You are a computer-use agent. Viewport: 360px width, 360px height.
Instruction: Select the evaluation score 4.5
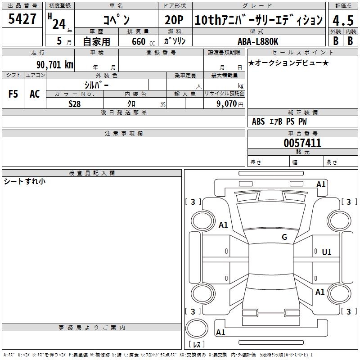pos(342,20)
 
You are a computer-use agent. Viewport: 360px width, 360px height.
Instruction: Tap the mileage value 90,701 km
pos(55,64)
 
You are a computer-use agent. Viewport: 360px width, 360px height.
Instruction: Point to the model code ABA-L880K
pos(257,41)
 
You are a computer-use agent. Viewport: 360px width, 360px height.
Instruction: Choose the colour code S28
pos(75,103)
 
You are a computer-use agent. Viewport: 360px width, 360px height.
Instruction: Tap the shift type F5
pos(13,94)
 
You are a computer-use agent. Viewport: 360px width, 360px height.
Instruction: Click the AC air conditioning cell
pos(35,94)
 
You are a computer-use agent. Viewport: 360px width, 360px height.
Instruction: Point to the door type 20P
pos(174,20)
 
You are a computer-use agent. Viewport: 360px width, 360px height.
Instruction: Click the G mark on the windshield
pos(284,237)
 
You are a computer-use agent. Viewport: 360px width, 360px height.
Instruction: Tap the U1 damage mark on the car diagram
pos(326,252)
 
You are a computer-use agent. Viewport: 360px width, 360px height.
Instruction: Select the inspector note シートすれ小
pos(24,182)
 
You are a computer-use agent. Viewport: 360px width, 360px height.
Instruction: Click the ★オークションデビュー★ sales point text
pos(288,63)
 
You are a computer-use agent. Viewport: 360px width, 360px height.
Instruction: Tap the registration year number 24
pos(58,23)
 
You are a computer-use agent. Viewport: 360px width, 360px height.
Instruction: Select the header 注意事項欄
pos(123,134)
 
